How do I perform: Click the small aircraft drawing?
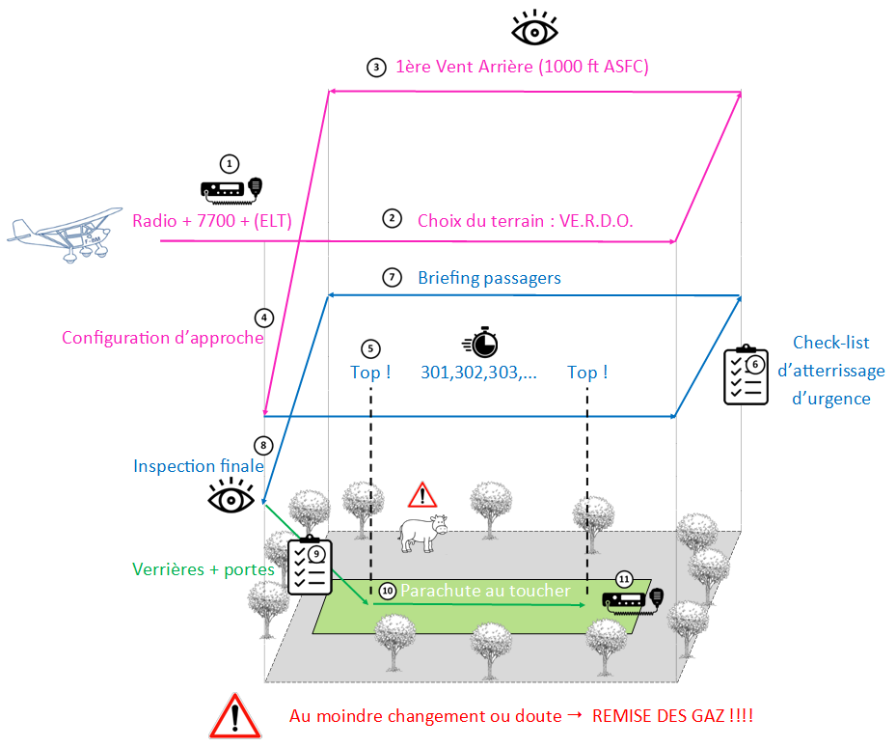67,234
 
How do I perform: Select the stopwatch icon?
480,342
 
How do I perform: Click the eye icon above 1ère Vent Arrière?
534,28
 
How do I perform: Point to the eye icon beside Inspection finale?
231,495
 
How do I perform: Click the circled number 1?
230,164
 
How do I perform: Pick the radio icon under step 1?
231,190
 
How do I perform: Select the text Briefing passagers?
489,278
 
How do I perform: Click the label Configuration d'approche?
163,338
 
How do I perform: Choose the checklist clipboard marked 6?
746,374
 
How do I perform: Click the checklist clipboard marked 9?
310,566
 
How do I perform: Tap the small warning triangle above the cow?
422,495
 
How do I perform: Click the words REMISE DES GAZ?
659,715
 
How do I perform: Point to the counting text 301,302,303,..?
478,373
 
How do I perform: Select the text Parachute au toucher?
486,591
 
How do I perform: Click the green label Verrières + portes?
204,569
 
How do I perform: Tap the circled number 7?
392,277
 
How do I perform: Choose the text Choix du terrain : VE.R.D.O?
525,221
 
